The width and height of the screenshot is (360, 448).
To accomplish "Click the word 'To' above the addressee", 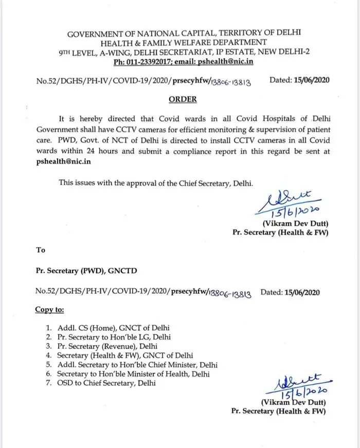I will pos(40,250).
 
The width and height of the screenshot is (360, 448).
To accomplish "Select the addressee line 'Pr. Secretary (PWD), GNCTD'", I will pos(86,271).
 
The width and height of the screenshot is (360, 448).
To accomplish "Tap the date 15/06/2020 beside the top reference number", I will pos(308,80).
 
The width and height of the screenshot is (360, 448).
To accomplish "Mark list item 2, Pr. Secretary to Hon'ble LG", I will pos(114,337).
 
